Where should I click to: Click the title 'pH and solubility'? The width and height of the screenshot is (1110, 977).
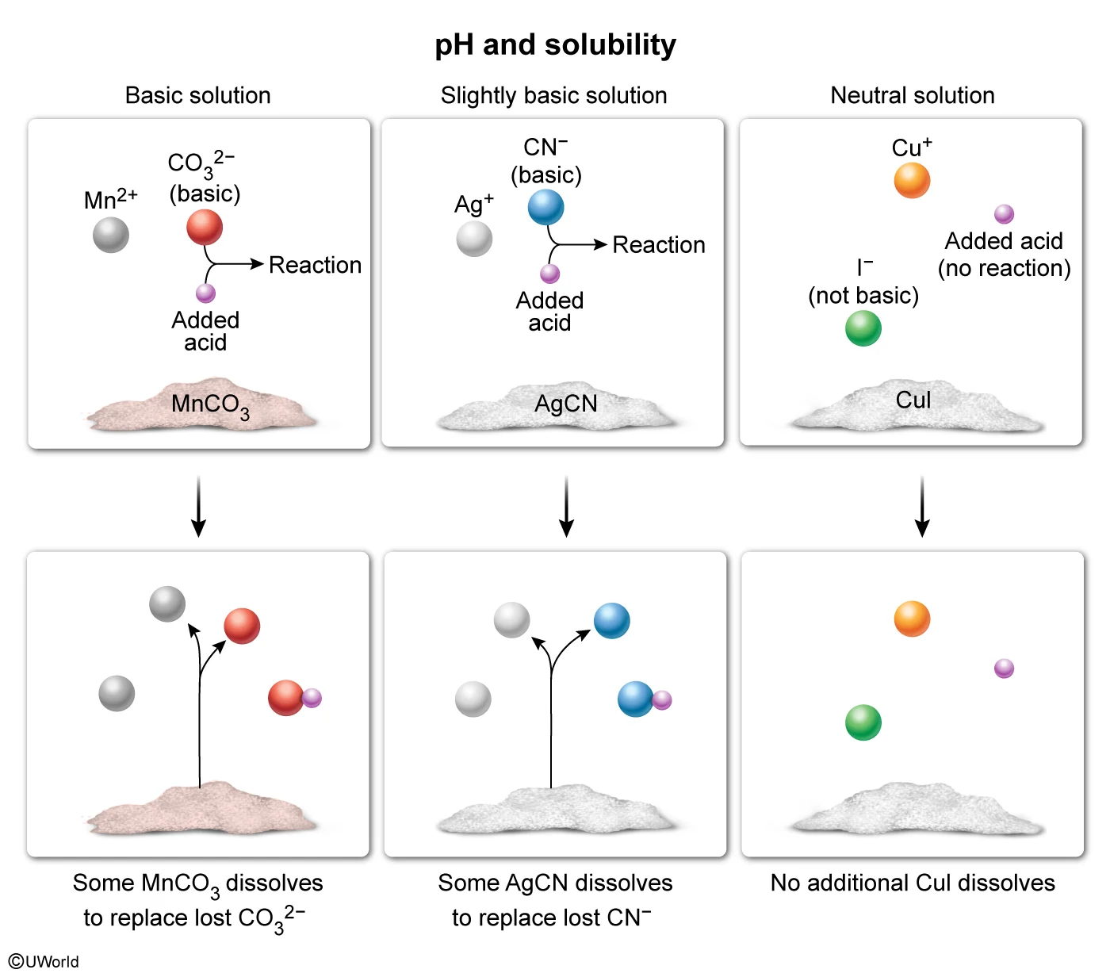[555, 45]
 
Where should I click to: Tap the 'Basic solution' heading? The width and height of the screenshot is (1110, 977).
[198, 96]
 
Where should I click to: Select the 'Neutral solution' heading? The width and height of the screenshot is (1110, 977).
[912, 96]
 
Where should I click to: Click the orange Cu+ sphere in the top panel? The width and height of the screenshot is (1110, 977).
[912, 180]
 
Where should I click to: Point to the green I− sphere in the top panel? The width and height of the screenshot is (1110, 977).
[863, 328]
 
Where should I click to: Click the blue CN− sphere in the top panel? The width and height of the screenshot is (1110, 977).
[546, 207]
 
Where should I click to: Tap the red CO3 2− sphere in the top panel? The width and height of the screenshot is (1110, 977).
[205, 228]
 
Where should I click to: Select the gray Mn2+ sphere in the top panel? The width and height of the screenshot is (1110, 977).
[111, 236]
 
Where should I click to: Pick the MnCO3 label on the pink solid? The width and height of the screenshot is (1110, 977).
[210, 405]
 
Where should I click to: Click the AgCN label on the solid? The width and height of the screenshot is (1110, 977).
[565, 404]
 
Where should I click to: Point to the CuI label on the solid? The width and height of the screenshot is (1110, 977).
[913, 400]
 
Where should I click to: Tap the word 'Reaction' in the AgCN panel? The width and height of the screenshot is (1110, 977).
[659, 245]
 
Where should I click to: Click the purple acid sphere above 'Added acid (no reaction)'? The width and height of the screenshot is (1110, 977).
[1004, 214]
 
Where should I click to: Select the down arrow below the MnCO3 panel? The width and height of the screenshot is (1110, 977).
[199, 508]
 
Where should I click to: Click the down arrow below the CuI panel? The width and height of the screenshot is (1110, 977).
[921, 508]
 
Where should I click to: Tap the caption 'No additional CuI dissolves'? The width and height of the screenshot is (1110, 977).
[913, 883]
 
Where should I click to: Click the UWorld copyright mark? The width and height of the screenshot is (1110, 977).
[44, 962]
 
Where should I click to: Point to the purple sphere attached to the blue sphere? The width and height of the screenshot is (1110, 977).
[662, 700]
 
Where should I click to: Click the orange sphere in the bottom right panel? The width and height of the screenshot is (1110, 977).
[912, 619]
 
